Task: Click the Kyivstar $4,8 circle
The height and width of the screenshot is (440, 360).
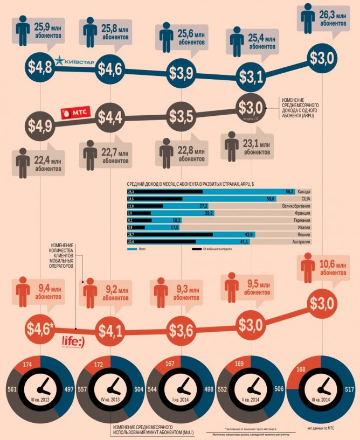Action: [x=41, y=68]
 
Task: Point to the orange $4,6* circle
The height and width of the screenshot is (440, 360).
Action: [x=41, y=328]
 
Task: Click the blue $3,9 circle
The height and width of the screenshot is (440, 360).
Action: [x=181, y=72]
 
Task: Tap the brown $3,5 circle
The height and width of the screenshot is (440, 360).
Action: [x=181, y=115]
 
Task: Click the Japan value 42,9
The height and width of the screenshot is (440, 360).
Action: [x=248, y=235]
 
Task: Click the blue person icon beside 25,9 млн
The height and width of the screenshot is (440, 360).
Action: [x=24, y=31]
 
